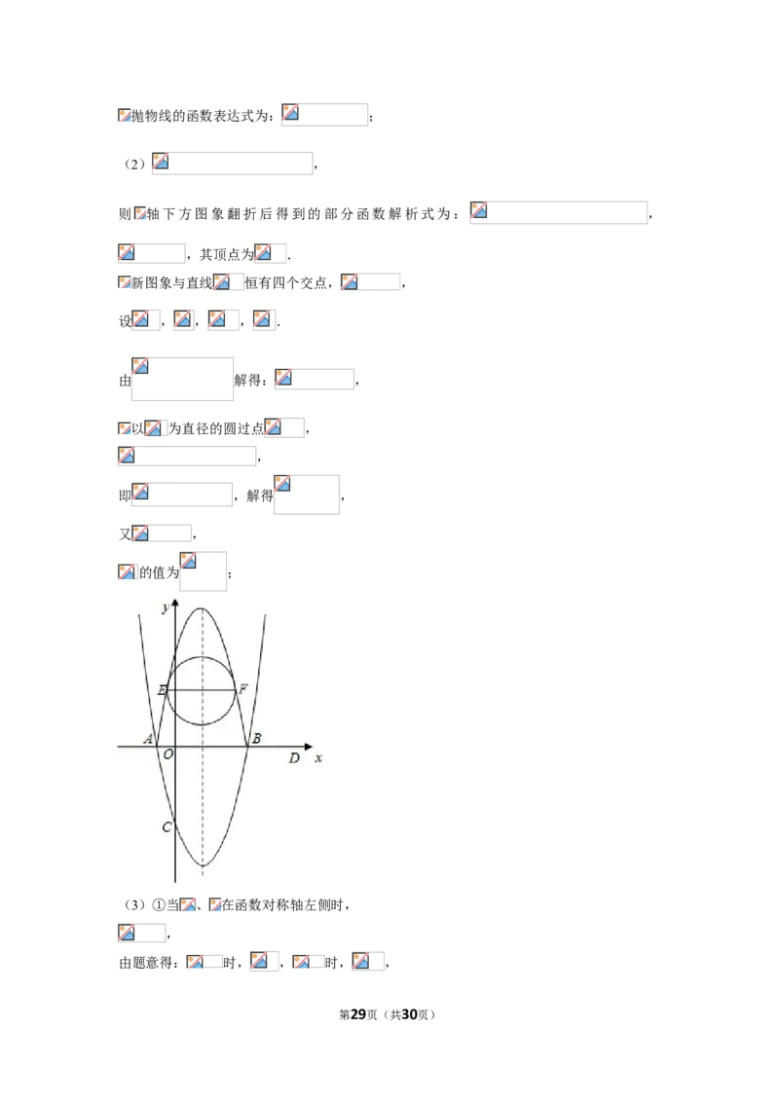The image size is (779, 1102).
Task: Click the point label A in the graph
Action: point(148,739)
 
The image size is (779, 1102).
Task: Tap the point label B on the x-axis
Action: point(257,738)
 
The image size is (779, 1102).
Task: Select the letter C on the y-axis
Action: point(167,826)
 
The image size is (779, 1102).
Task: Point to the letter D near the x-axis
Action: point(295,757)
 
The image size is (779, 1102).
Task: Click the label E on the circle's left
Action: point(163,690)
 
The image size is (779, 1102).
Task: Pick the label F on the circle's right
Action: point(242,689)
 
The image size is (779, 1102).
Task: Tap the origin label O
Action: point(168,754)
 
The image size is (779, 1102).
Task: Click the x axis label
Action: point(318,758)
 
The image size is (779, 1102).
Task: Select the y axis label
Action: point(166,607)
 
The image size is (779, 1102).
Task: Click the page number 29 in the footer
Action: point(358,1014)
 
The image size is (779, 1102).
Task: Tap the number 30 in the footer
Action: point(409,1014)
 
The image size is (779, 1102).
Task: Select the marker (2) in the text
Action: point(134,165)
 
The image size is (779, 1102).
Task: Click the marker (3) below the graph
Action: point(134,905)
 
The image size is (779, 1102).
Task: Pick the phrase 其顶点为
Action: point(226,254)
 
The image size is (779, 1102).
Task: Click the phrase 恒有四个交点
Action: point(285,283)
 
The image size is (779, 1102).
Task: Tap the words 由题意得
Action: point(145,963)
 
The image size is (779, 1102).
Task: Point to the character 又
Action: point(125,534)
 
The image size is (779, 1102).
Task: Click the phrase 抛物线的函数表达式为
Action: point(201,116)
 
